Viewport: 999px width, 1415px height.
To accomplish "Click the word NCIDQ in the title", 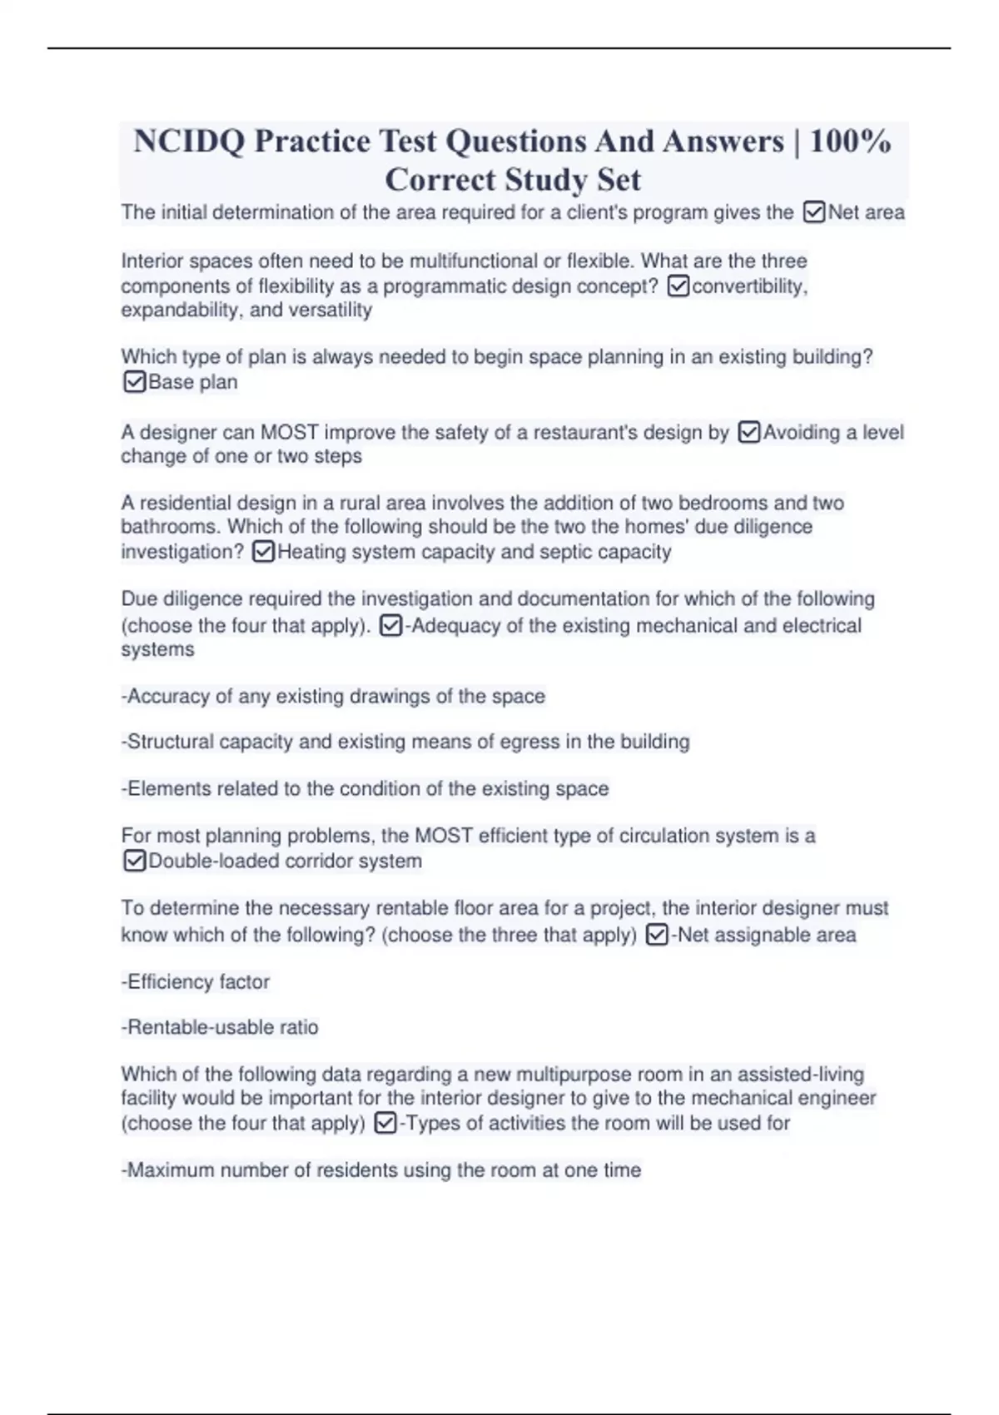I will pyautogui.click(x=188, y=141).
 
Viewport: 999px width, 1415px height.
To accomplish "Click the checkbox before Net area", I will pyautogui.click(x=814, y=213).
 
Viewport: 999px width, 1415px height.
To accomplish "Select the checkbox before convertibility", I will pyautogui.click(x=678, y=286).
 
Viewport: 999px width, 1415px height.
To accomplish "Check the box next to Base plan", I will pyautogui.click(x=134, y=382).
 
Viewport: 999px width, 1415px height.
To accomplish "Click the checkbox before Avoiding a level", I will pyautogui.click(x=749, y=433).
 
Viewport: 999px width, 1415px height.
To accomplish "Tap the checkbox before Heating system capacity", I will pyautogui.click(x=263, y=552).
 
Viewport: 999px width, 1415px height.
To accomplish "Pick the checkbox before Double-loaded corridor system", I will pyautogui.click(x=134, y=861).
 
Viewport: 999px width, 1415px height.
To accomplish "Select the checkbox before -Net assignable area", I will pyautogui.click(x=657, y=936).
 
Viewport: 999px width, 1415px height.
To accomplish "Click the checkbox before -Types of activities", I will pyautogui.click(x=385, y=1124).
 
